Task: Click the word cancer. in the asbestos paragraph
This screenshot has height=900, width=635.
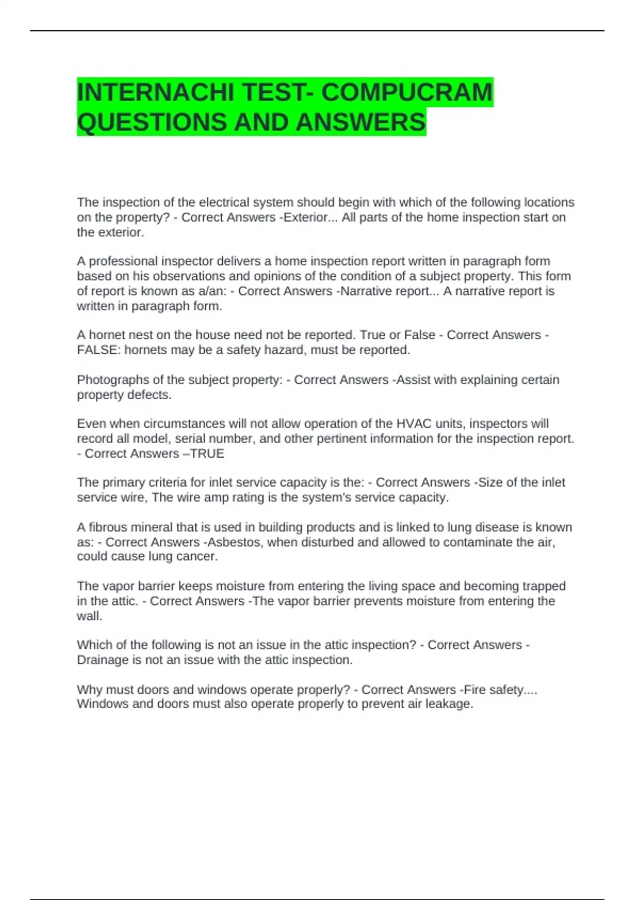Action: [199, 556]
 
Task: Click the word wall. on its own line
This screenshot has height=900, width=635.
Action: [89, 616]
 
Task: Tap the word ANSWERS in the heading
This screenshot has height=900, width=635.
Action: [361, 122]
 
